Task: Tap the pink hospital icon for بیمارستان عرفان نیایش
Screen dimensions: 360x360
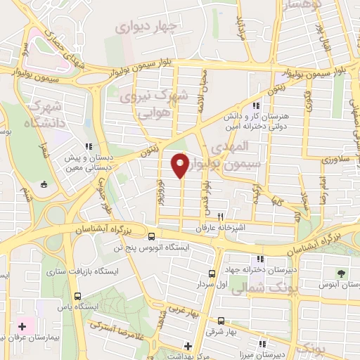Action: pos(22,326)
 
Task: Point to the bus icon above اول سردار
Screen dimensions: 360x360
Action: pos(212,274)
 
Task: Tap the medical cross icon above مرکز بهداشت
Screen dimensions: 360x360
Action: pos(188,345)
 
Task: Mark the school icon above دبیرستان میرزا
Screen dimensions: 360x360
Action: pos(262,345)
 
